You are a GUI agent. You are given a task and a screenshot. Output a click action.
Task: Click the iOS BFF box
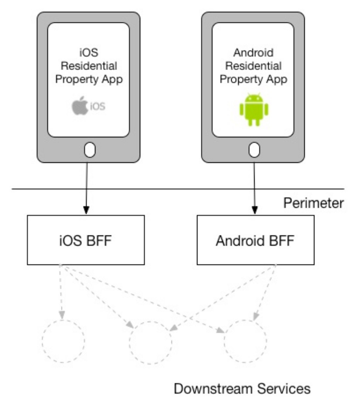pos(86,240)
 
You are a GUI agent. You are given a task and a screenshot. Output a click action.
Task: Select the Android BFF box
pos(255,240)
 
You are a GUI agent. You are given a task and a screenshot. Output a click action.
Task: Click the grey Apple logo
pos(80,106)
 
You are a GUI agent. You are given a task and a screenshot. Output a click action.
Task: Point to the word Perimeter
pos(313,203)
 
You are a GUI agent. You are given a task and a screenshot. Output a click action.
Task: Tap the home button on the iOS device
pos(89,150)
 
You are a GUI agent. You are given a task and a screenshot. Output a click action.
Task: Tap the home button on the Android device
pos(254,150)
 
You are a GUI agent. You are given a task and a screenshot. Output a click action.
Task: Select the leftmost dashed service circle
pos(63,341)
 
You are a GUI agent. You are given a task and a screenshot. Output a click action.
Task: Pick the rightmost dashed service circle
pos(246,341)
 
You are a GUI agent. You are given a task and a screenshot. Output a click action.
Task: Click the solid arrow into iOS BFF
pos(87,189)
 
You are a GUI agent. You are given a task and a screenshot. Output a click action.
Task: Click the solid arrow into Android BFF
pos(254,189)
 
